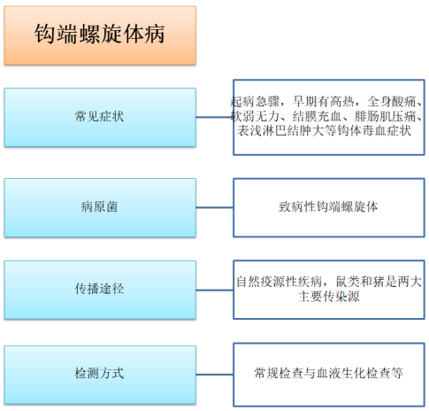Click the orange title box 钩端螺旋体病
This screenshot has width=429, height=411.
click(x=100, y=35)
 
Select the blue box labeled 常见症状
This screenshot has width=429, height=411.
click(x=100, y=117)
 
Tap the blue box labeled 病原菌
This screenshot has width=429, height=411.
click(x=100, y=207)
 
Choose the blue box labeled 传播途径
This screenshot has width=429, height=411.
click(x=100, y=290)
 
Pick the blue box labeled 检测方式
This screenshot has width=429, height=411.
click(x=100, y=375)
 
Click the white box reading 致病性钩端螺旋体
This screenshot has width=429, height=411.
click(x=329, y=207)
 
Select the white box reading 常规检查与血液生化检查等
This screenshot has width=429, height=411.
click(x=329, y=375)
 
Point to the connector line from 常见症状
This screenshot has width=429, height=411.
click(x=215, y=117)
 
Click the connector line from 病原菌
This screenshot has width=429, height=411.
click(x=215, y=207)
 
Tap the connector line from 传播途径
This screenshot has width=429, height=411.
click(x=215, y=290)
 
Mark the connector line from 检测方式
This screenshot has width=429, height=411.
click(x=215, y=375)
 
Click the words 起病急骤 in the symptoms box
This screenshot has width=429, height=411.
click(x=255, y=102)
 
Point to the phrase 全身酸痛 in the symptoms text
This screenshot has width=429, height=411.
click(x=391, y=102)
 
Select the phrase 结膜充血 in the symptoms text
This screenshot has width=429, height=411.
click(x=317, y=116)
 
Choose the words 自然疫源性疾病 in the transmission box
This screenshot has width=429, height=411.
click(x=279, y=282)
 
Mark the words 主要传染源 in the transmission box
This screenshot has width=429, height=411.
click(x=329, y=296)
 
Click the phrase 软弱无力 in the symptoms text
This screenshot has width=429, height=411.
click(x=255, y=116)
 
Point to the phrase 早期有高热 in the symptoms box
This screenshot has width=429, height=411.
click(x=323, y=102)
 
